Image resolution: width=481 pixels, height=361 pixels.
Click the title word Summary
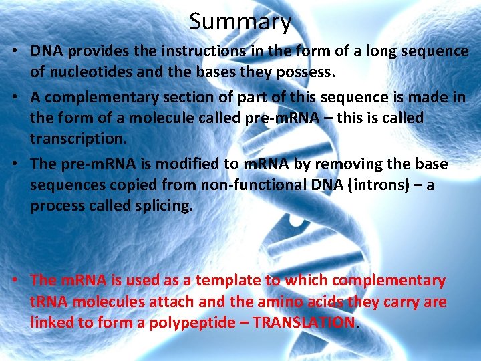click(x=240, y=21)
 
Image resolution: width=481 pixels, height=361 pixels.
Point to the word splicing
click(x=159, y=205)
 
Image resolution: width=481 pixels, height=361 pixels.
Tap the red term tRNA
click(x=49, y=302)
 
